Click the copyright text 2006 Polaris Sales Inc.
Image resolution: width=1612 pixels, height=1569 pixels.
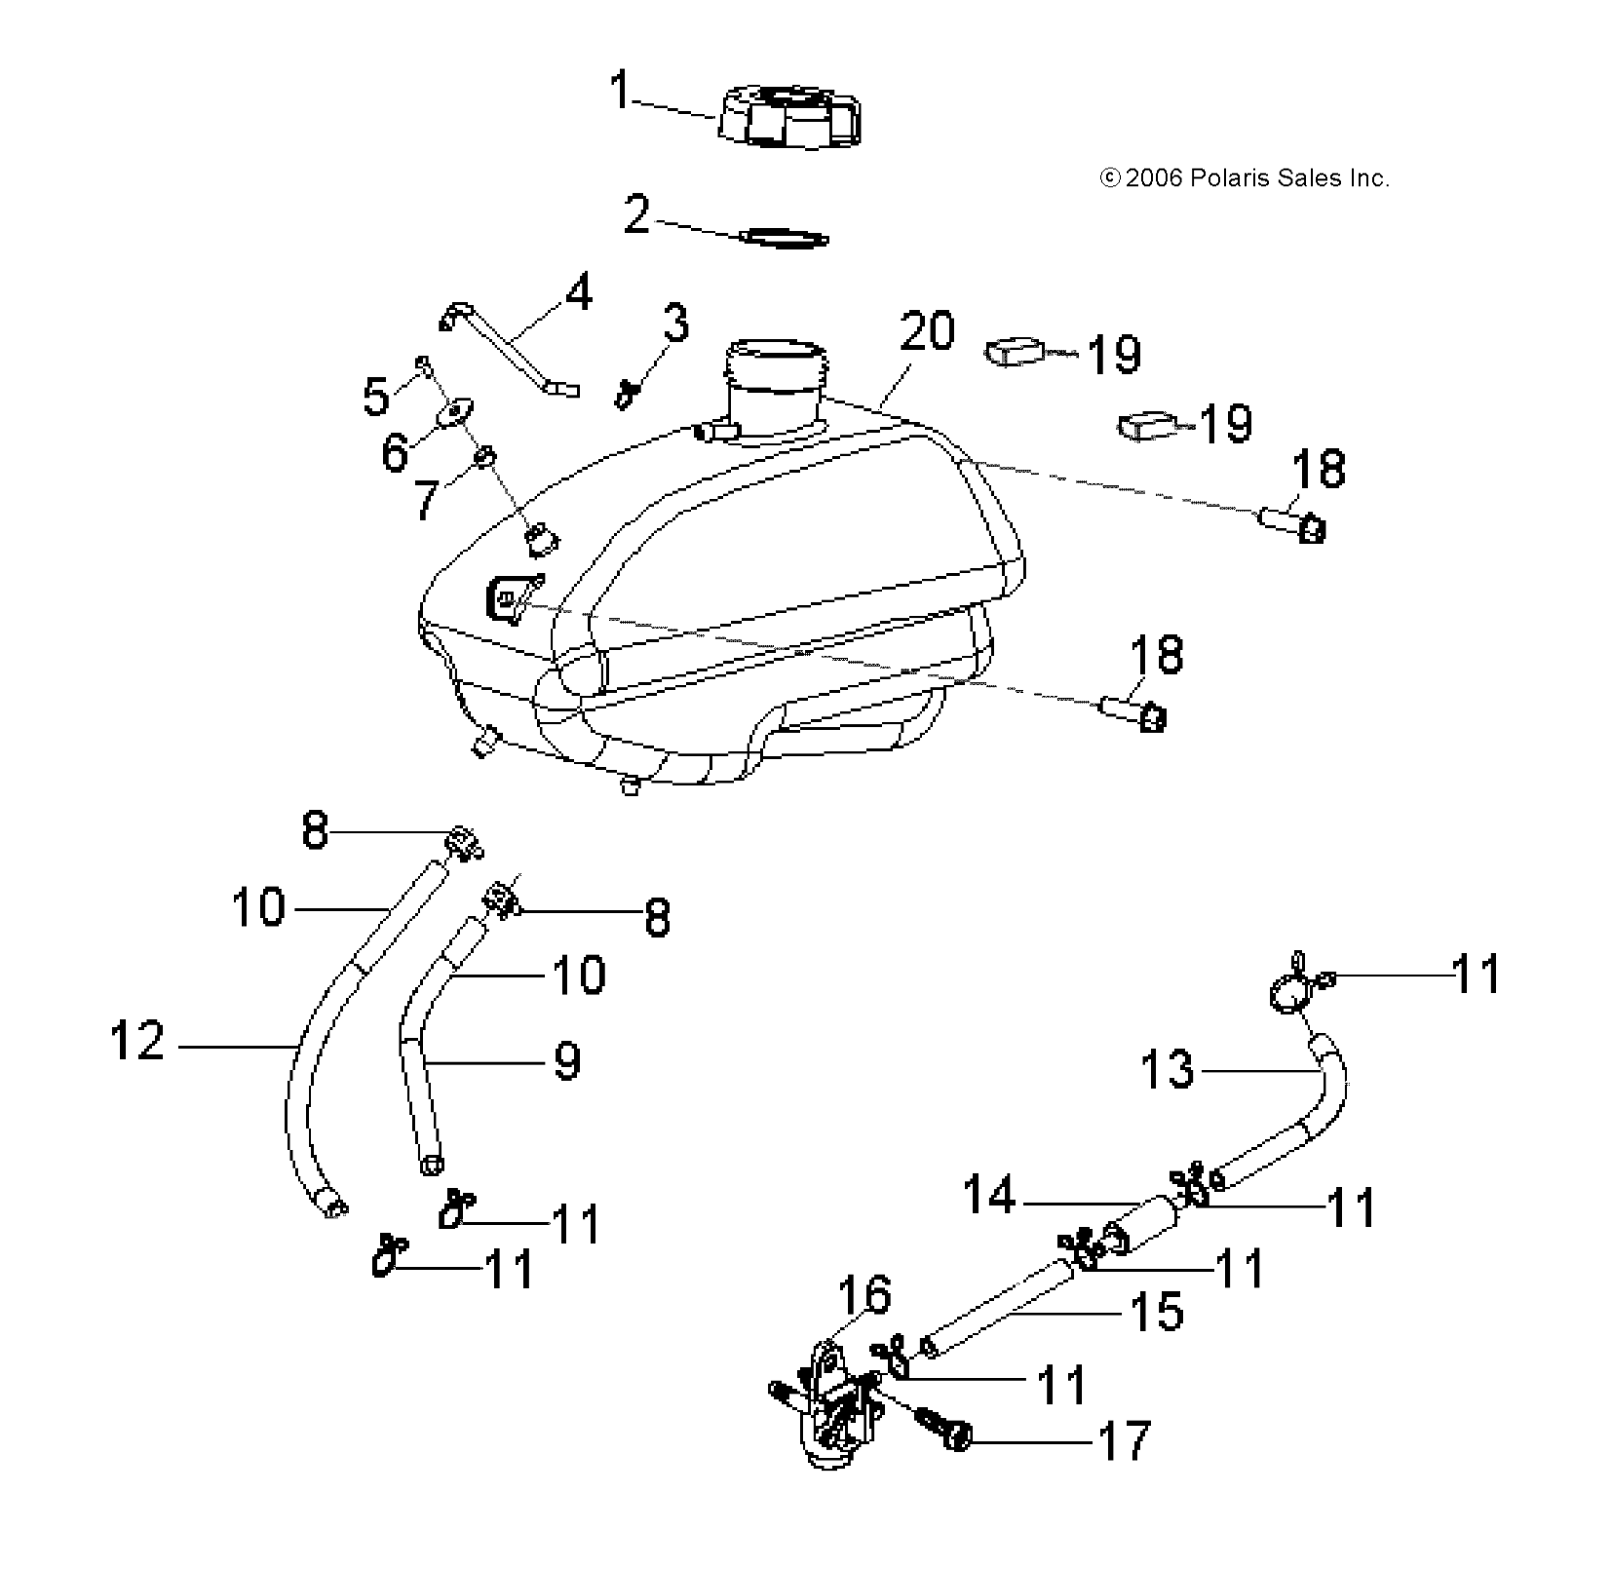click(x=1244, y=178)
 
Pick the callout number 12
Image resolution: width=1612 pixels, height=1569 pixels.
click(x=137, y=1040)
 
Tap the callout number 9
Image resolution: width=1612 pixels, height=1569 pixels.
click(x=566, y=1059)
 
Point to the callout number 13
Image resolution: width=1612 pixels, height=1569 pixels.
click(x=1166, y=1069)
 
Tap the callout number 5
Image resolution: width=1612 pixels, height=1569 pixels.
click(x=377, y=397)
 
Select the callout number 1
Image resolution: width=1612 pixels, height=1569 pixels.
click(x=620, y=90)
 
